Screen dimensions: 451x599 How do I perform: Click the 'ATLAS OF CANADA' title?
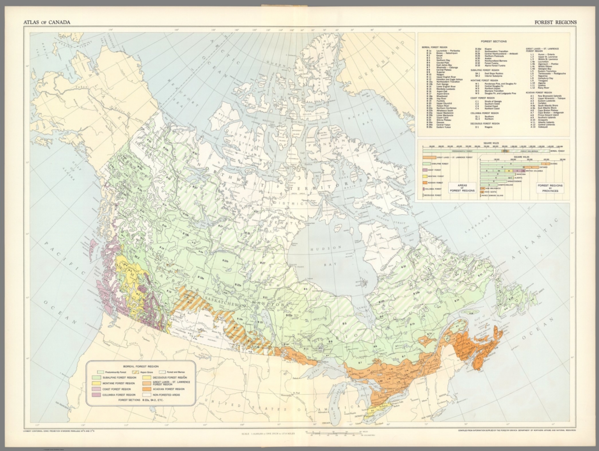[47, 22]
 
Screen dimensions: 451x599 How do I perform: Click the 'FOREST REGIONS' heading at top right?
[556, 22]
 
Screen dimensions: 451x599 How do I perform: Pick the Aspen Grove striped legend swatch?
[140, 372]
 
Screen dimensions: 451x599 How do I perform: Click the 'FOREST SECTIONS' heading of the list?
[493, 41]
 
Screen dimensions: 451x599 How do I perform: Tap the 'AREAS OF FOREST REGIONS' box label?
[463, 188]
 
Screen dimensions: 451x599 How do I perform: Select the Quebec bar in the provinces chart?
[515, 164]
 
